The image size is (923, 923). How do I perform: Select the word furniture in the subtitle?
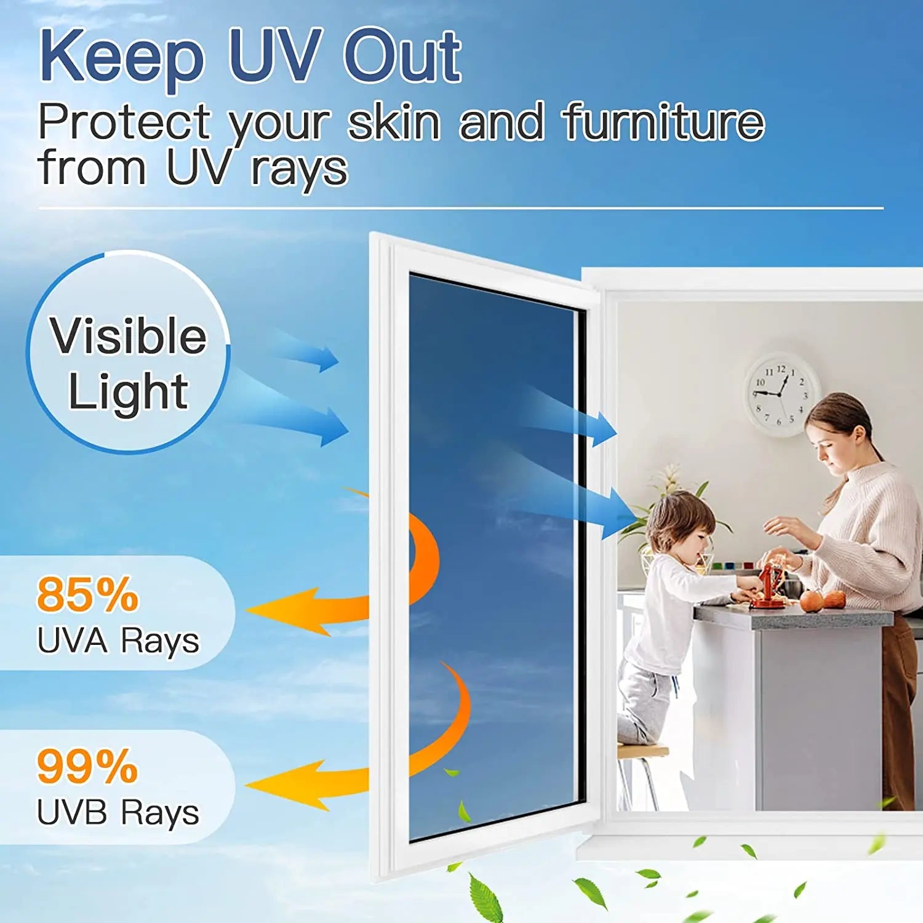tap(663, 122)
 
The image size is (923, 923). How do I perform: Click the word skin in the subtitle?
tap(394, 122)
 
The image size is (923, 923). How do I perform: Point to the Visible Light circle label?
tap(128, 363)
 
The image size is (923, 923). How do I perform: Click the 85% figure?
tap(87, 594)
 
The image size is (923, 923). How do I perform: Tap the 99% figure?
tap(87, 767)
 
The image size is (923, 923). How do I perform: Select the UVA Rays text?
tap(118, 641)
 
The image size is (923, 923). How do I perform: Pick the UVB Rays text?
tap(118, 812)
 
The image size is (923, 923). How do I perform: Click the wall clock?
tap(782, 394)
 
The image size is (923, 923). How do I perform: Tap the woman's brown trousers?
tap(898, 708)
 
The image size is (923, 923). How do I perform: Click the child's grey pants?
tap(643, 701)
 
